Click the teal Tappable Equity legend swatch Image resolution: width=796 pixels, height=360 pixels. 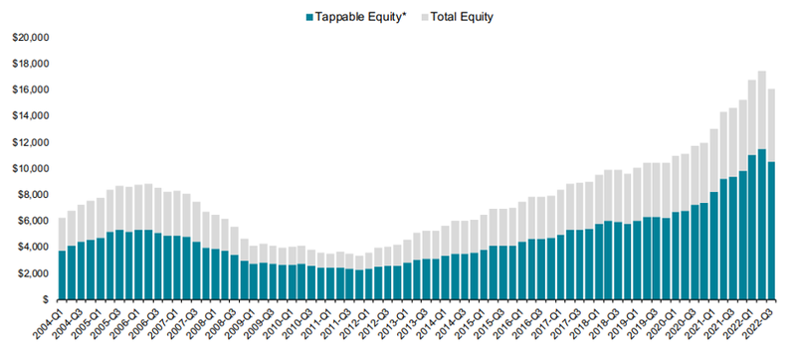309,17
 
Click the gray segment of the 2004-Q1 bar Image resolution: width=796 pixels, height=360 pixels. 63,235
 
